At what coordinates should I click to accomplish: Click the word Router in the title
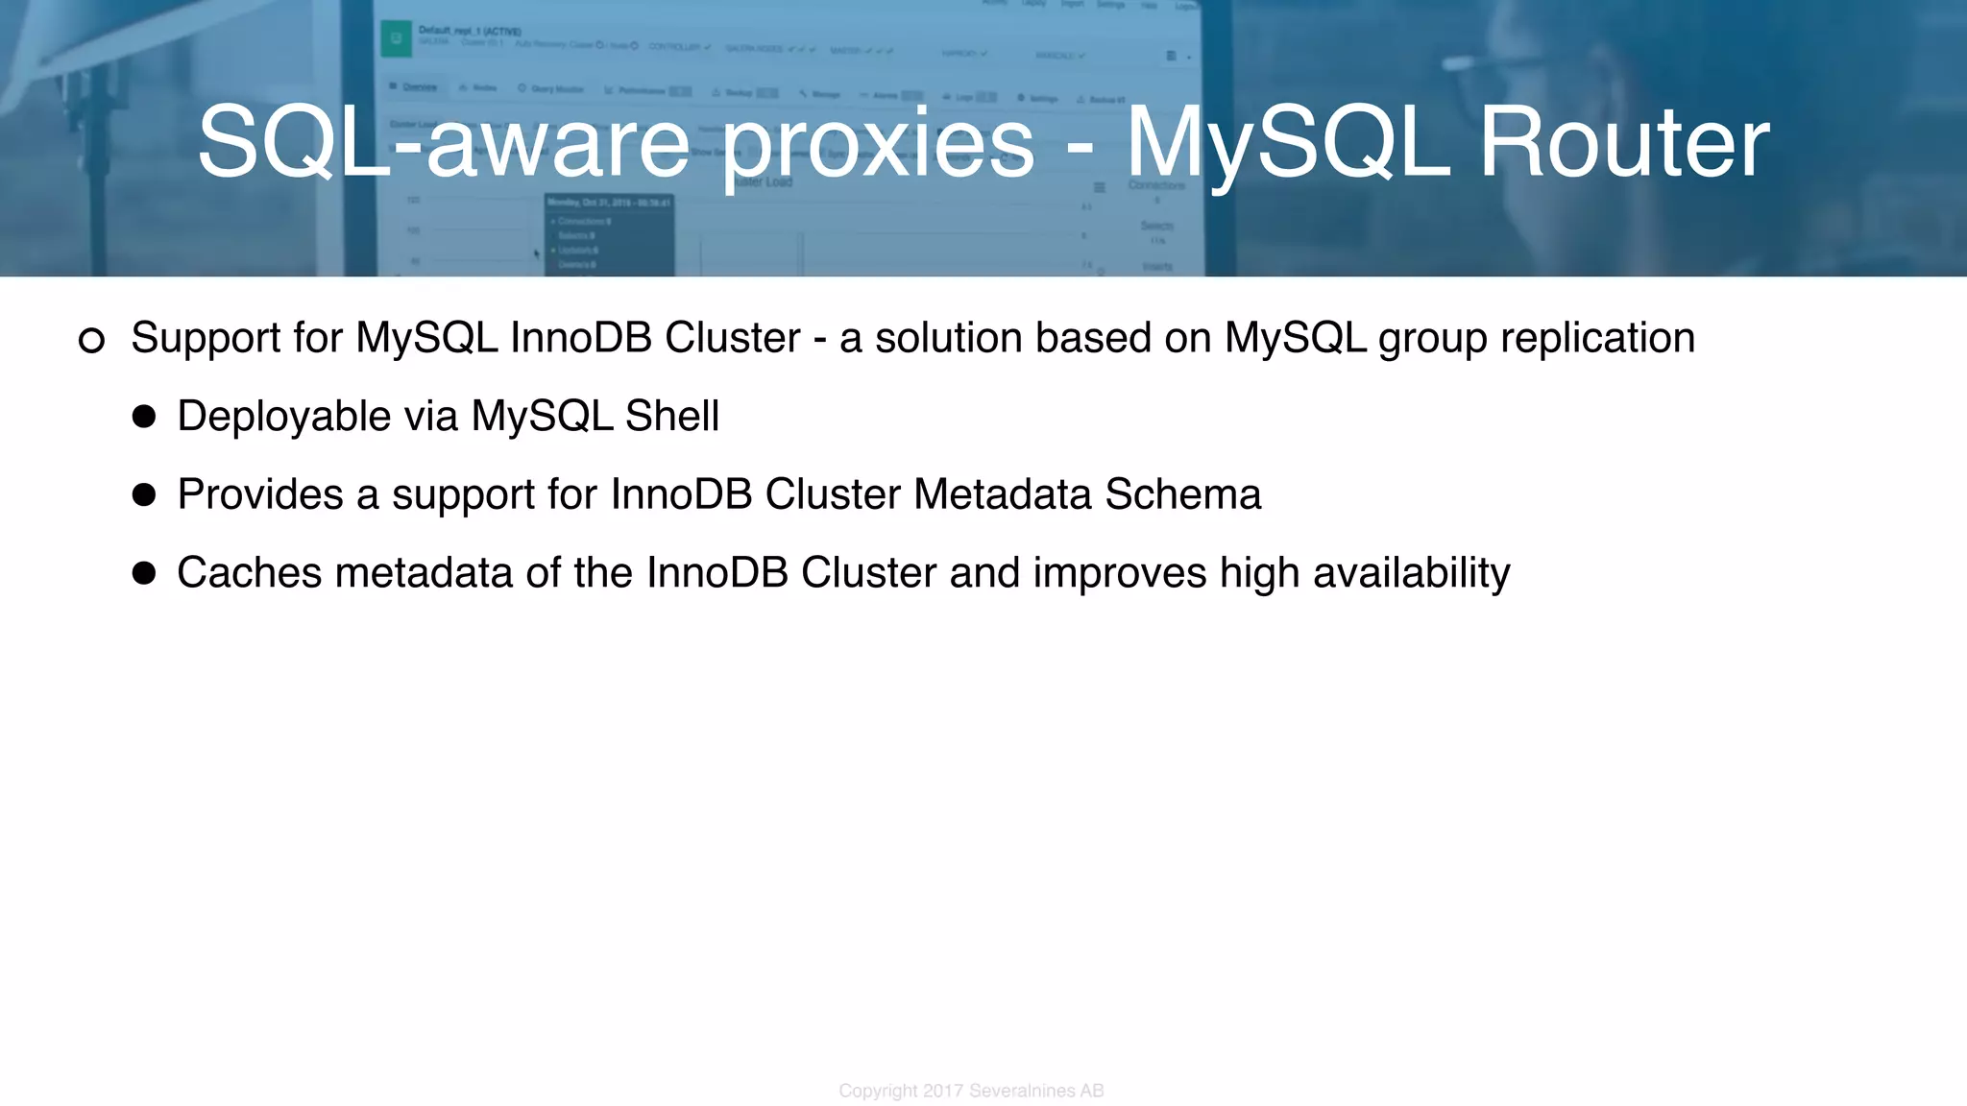pyautogui.click(x=1623, y=144)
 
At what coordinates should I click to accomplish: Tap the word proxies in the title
pyautogui.click(x=878, y=144)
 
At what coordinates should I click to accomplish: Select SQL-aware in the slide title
pyautogui.click(x=443, y=144)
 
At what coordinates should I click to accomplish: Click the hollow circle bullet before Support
pyautogui.click(x=91, y=340)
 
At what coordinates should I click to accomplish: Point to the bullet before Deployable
pyautogui.click(x=144, y=417)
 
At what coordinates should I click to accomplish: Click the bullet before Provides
pyautogui.click(x=144, y=495)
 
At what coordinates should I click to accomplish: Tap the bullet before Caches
pyautogui.click(x=144, y=573)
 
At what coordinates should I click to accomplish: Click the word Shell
pyautogui.click(x=671, y=417)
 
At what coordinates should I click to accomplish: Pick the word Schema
pyautogui.click(x=1182, y=495)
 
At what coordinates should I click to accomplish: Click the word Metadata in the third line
pyautogui.click(x=1003, y=495)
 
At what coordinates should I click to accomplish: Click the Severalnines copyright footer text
pyautogui.click(x=971, y=1091)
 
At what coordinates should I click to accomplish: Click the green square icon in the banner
pyautogui.click(x=396, y=38)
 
